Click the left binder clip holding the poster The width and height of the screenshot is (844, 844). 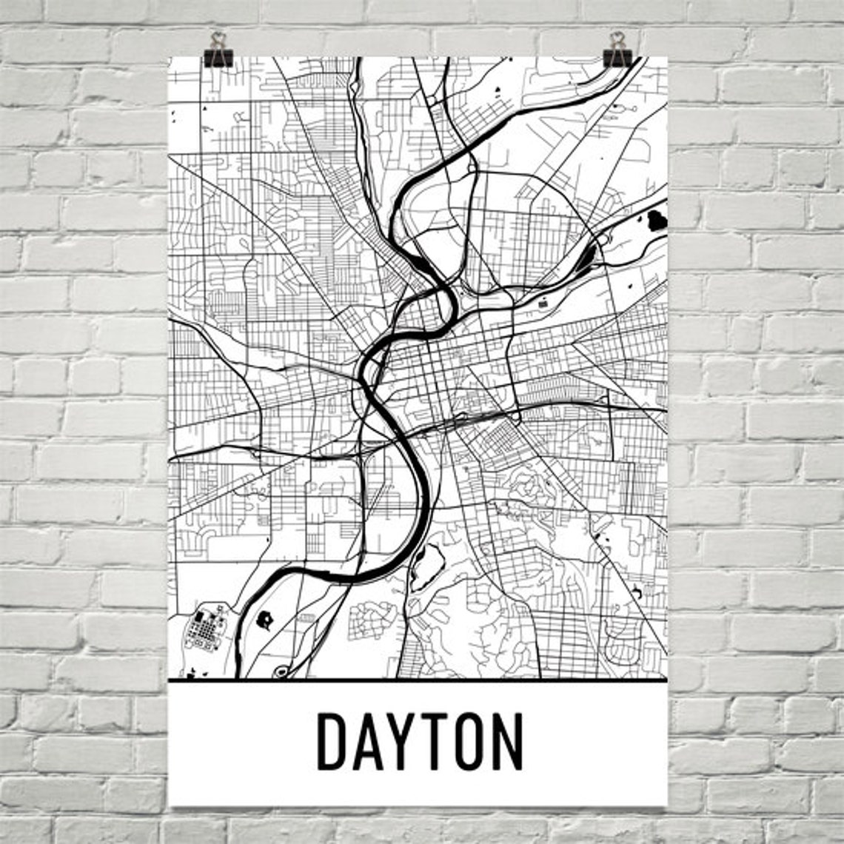218,50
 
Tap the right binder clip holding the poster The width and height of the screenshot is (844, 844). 617,50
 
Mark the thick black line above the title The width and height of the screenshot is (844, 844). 418,680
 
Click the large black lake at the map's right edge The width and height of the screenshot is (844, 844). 657,219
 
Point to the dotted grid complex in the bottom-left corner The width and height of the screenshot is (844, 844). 204,629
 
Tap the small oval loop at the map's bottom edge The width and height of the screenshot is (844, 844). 281,672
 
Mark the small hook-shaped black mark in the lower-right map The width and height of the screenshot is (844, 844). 637,592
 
